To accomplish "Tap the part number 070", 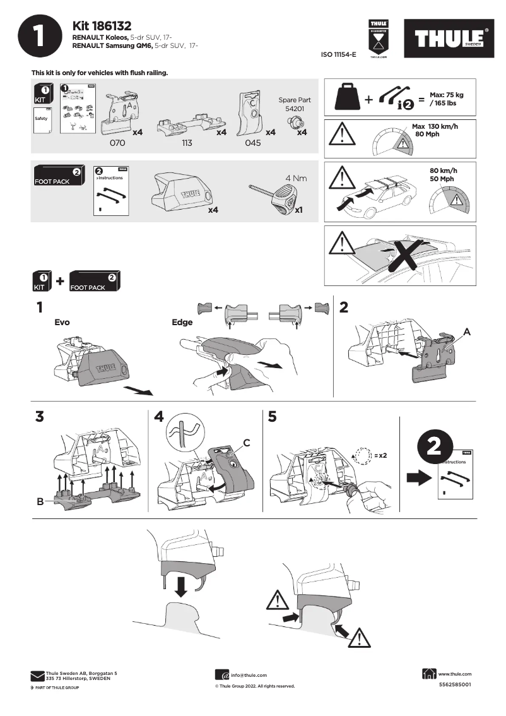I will tap(118, 143).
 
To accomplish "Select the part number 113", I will tap(187, 143).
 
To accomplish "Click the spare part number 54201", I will tap(295, 109).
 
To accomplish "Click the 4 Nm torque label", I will tap(296, 178).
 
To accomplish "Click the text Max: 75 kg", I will tap(446, 93).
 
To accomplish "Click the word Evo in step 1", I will tap(62, 322).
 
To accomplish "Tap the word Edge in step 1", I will tap(182, 322).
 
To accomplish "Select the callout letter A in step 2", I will tap(468, 331).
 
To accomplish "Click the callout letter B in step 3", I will tap(40, 502).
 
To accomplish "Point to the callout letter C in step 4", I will tap(247, 443).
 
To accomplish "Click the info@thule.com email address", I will tap(249, 675).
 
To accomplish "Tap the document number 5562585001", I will tap(454, 685).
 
